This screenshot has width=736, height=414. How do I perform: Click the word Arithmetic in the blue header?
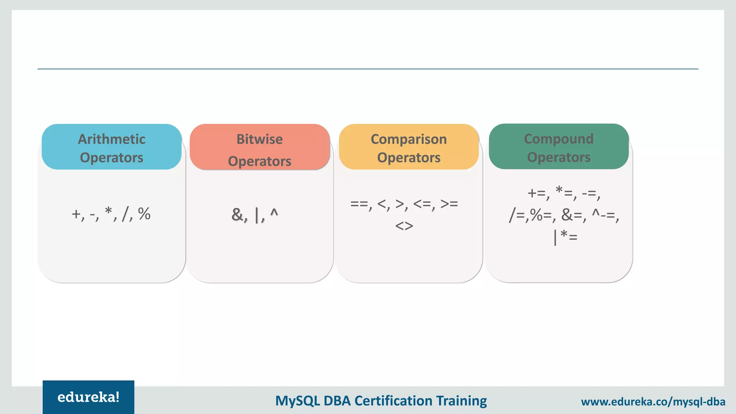(111, 139)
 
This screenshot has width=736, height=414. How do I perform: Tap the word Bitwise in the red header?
(259, 139)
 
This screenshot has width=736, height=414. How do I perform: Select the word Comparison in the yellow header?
(409, 139)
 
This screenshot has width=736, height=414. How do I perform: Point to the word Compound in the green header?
(558, 139)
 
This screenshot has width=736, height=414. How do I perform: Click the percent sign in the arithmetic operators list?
(144, 214)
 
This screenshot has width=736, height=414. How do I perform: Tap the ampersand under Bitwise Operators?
(238, 215)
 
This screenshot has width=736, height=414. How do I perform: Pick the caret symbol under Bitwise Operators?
(274, 213)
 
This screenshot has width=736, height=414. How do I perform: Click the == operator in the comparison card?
(359, 204)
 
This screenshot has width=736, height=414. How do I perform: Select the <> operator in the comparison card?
(404, 226)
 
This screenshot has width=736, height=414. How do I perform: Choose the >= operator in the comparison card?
(449, 204)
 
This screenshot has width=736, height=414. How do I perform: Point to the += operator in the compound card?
(537, 193)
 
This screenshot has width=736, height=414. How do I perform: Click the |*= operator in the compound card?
(565, 237)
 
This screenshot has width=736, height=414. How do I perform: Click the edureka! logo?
(88, 397)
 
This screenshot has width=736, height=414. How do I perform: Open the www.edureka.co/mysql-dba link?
(653, 401)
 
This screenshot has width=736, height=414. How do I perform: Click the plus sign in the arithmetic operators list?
(76, 214)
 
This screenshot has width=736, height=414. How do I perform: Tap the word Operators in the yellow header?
(409, 157)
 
